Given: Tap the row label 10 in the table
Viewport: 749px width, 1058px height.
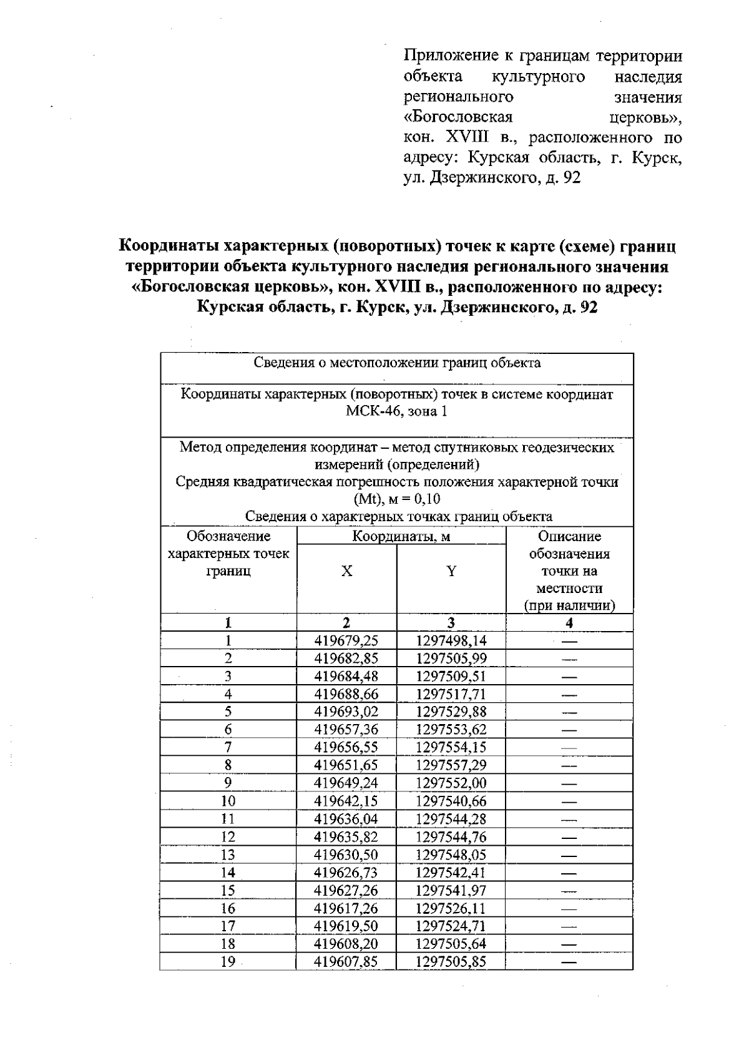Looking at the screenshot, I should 228,801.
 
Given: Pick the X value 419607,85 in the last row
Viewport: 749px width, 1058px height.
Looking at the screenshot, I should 346,962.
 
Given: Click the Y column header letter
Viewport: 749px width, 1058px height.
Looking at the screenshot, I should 451,571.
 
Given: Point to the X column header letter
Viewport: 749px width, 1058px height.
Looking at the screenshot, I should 346,571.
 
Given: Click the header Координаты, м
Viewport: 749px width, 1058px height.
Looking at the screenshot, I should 401,536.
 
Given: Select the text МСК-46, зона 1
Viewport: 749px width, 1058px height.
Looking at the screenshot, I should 397,411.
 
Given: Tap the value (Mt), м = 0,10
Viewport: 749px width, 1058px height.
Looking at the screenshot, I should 397,499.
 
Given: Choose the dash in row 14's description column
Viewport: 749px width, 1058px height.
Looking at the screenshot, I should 569,873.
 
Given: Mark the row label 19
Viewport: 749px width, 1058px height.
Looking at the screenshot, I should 228,962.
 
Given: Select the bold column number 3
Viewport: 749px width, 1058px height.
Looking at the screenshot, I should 451,622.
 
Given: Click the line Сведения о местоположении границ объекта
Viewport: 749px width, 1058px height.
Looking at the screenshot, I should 397,363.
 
